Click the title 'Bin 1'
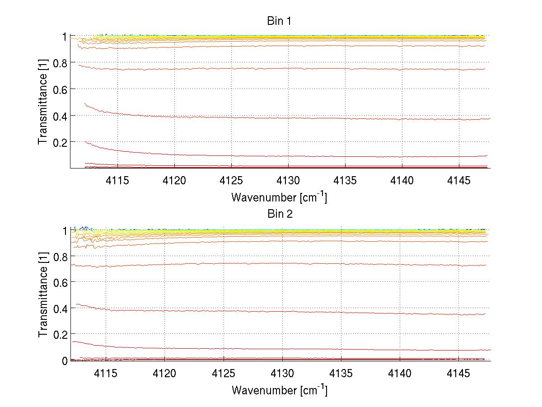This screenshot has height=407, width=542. [280, 21]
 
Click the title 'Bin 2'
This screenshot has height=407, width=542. [280, 214]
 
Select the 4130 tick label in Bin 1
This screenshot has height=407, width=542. [288, 181]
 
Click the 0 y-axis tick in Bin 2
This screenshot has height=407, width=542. [65, 361]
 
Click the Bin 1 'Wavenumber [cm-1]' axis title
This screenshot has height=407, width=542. [279, 197]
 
